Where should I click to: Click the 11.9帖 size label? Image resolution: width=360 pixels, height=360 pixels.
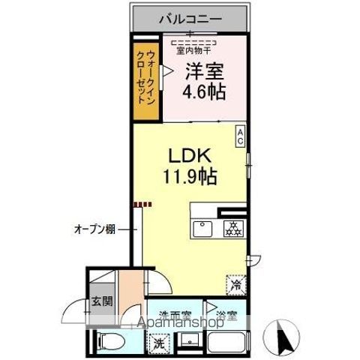193,178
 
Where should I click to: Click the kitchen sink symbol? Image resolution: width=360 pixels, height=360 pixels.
203,228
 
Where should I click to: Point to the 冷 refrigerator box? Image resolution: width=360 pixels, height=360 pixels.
235,284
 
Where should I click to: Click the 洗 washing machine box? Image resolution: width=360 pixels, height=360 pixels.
159,343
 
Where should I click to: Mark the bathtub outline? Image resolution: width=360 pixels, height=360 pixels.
226,344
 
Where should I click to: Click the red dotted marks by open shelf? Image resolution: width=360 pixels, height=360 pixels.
143,202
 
